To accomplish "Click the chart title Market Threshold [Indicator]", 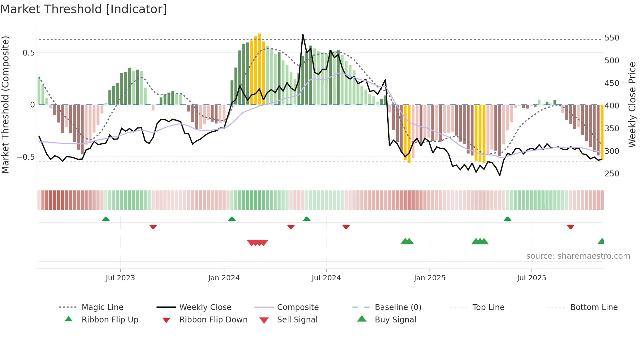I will tap(84, 9).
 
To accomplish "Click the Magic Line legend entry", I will tap(102, 307).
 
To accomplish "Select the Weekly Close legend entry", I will tap(205, 307).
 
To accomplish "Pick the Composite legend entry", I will tap(297, 307).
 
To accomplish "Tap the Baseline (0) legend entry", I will tap(398, 307).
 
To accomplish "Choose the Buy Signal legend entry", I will tap(395, 319).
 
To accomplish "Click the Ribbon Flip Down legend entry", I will tap(213, 319).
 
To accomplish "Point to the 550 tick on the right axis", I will tap(612, 38).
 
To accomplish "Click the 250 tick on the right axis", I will tap(612, 173).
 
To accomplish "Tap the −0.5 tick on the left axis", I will tap(26, 157).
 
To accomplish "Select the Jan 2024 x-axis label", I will tap(224, 278).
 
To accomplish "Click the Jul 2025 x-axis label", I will tap(531, 278).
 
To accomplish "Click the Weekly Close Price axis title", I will tap(632, 105).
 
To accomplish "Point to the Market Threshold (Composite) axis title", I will tap(5, 105).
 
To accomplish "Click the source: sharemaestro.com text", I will tap(578, 256).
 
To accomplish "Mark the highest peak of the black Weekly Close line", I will tap(303, 35).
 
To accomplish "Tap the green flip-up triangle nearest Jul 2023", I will tap(106, 219).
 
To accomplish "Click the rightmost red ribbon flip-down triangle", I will tap(570, 227).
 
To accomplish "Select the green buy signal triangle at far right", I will tap(601, 241).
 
